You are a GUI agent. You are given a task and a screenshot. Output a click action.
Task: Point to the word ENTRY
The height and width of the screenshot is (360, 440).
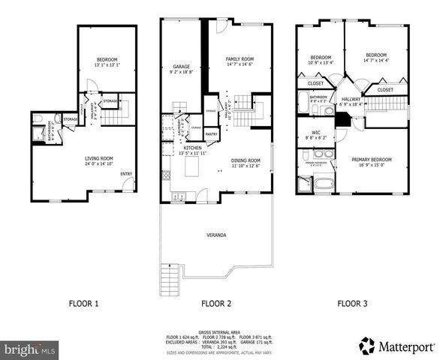(x=127, y=175)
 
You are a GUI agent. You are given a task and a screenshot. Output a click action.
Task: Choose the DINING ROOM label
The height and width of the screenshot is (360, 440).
(x=245, y=160)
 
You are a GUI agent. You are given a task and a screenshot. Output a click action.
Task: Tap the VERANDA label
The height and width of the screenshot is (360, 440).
(x=217, y=235)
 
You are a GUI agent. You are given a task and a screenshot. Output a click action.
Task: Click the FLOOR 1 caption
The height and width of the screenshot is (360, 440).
(x=85, y=304)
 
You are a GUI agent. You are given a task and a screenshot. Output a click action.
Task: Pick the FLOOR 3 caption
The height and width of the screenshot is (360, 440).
(x=352, y=304)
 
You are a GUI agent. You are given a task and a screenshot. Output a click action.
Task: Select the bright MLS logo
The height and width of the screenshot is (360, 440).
(x=30, y=349)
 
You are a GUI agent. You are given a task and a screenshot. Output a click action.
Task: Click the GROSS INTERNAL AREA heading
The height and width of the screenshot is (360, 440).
(x=219, y=331)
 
